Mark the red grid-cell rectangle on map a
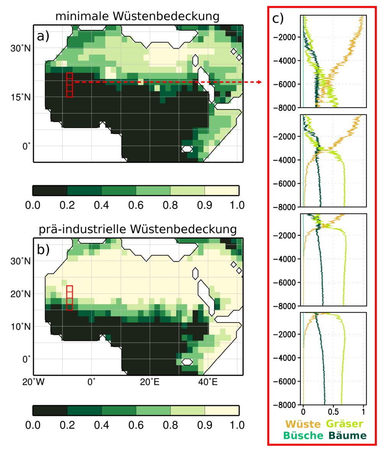click(x=69, y=85)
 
